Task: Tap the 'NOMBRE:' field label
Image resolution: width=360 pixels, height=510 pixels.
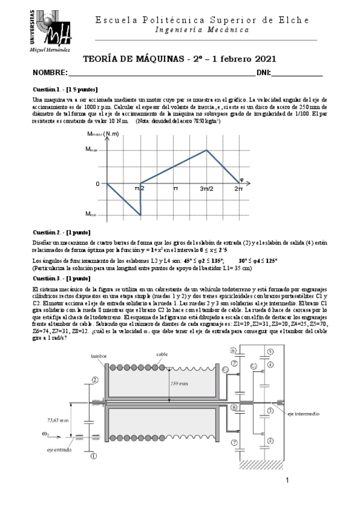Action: click(50, 73)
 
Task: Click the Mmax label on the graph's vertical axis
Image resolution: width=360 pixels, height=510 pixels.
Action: click(92, 149)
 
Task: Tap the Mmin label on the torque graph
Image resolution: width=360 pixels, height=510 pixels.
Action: click(91, 214)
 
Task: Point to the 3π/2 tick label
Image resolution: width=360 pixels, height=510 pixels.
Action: click(206, 189)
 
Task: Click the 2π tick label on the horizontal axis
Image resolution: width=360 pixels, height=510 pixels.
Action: click(239, 189)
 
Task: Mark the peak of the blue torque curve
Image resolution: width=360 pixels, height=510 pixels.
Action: click(207, 150)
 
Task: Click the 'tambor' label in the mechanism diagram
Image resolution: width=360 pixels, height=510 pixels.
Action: click(99, 356)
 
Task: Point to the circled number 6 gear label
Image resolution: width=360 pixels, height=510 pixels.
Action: click(234, 350)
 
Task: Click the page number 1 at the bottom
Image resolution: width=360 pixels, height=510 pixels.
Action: click(287, 480)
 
